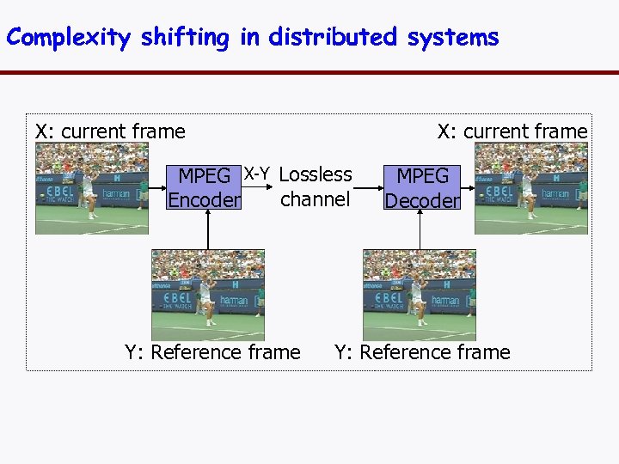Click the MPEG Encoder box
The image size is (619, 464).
point(204,188)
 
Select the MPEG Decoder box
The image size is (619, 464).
point(422,188)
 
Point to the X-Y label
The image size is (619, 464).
point(257,174)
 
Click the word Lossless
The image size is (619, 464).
point(316,174)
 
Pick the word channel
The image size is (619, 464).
point(316,199)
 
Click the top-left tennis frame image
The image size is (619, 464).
point(92,188)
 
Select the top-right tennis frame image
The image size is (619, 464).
point(531,188)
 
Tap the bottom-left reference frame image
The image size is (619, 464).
point(208,295)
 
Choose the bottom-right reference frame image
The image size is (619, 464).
point(420,295)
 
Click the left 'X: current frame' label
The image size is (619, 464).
point(110,131)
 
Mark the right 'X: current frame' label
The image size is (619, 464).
point(512,131)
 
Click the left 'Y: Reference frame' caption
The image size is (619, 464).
point(212,352)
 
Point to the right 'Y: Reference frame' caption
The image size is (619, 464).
point(422,352)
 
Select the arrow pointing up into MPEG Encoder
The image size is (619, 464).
point(209,230)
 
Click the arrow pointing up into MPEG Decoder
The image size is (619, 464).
point(420,230)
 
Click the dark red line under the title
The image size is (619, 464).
point(309,72)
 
